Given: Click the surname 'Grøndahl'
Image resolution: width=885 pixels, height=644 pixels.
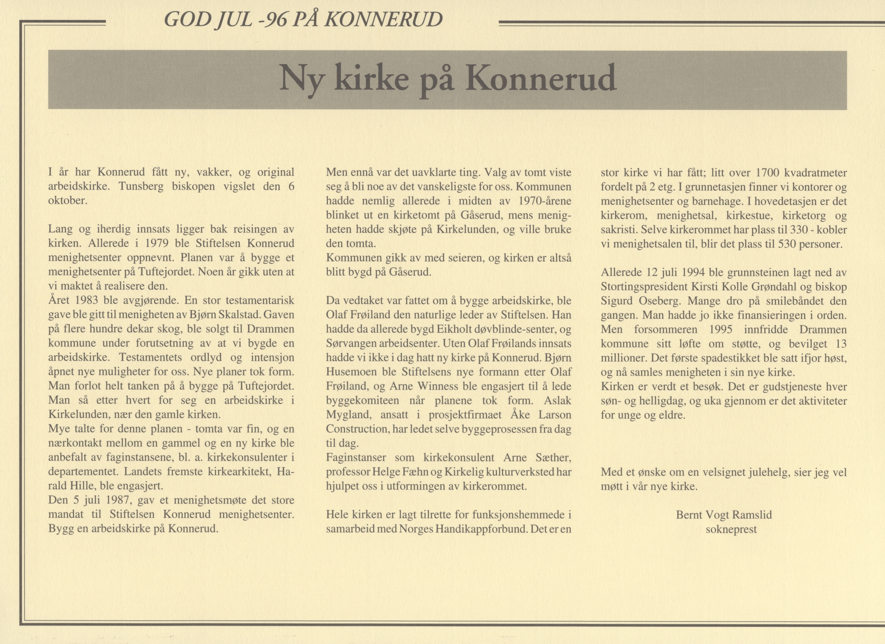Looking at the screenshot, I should tap(792, 287).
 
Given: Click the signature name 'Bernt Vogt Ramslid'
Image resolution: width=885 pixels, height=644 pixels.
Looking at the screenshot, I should tap(724, 515).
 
